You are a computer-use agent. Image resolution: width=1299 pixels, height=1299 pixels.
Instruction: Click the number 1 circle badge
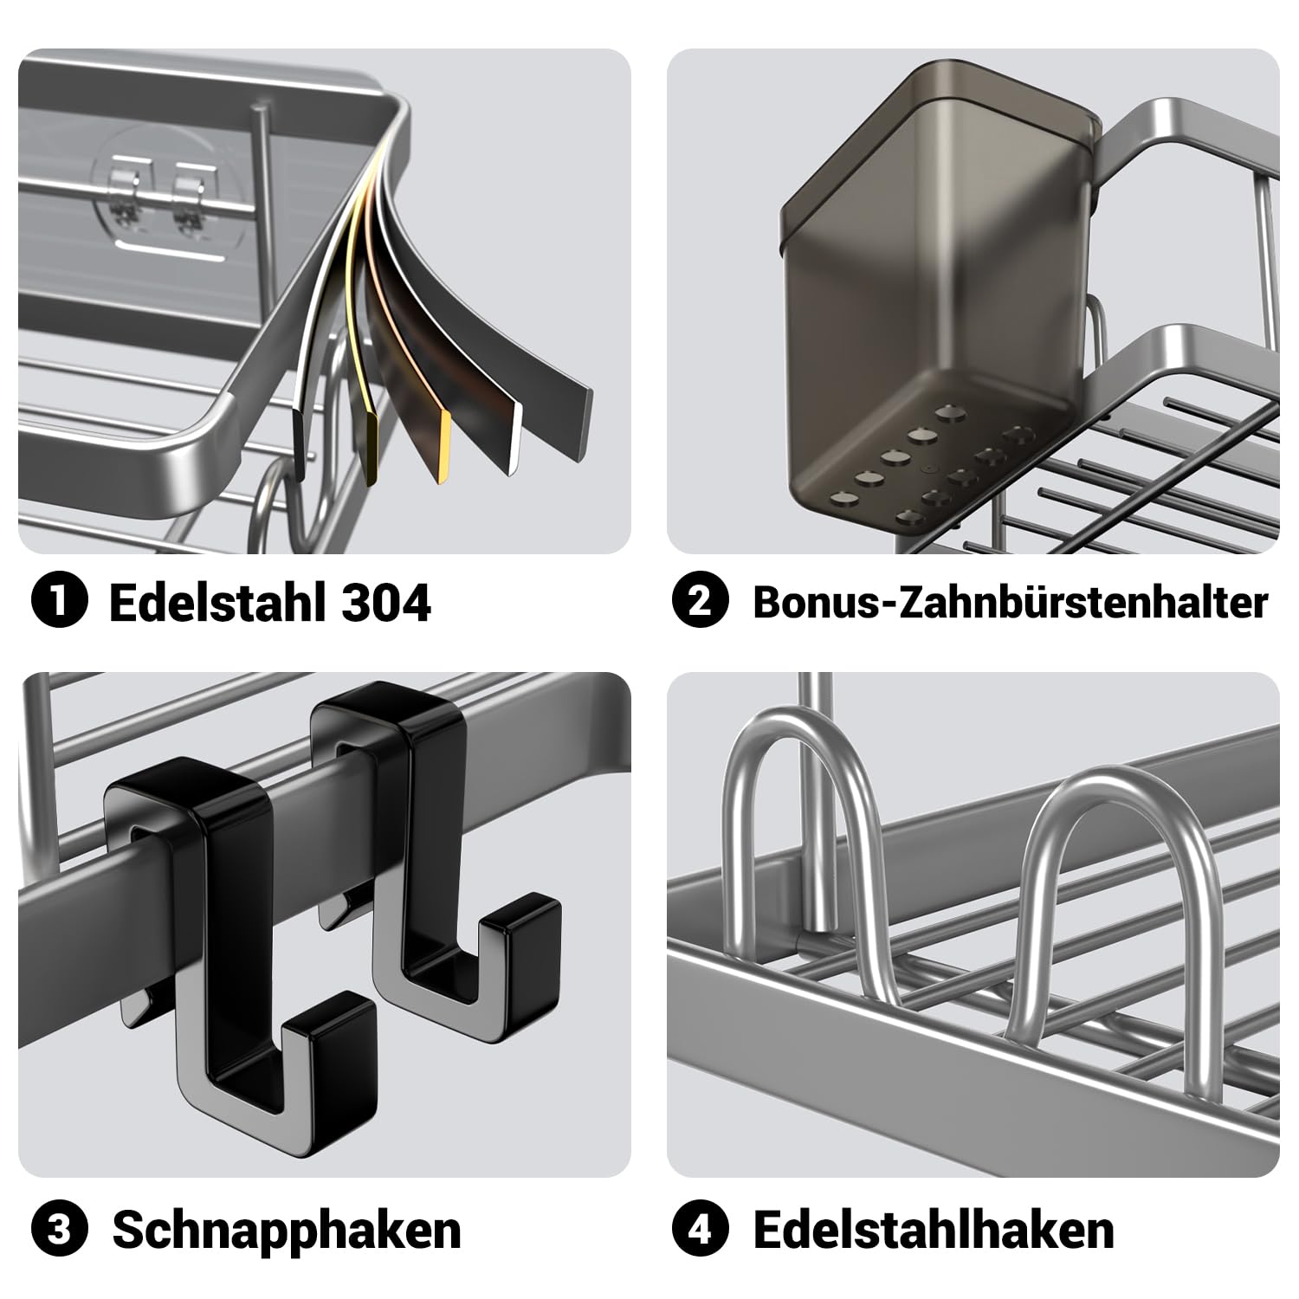pyautogui.click(x=59, y=602)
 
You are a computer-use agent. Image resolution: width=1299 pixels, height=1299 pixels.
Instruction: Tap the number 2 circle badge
pyautogui.click(x=700, y=602)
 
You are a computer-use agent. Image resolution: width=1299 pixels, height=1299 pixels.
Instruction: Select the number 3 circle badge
pyautogui.click(x=59, y=1230)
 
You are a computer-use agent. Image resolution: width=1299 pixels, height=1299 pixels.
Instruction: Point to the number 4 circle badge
pyautogui.click(x=700, y=1230)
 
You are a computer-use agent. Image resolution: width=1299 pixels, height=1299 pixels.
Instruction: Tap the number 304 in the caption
pyautogui.click(x=386, y=603)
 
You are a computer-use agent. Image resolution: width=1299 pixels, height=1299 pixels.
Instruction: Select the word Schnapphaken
pyautogui.click(x=287, y=1231)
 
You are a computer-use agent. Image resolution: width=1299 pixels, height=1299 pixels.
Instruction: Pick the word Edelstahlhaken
pyautogui.click(x=934, y=1230)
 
